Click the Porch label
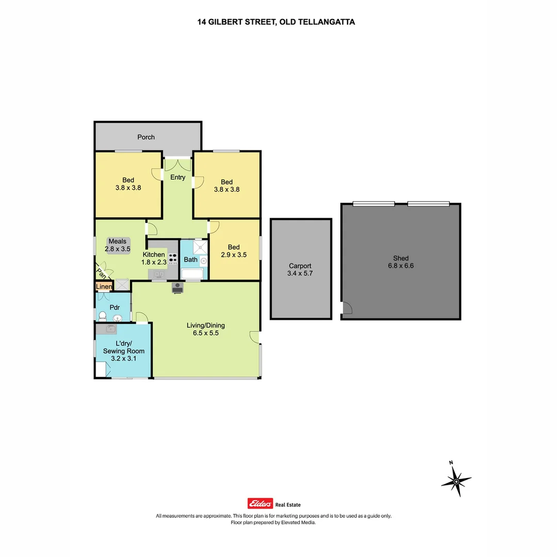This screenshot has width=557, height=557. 146,137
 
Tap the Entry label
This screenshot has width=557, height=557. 177,177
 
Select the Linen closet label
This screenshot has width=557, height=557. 104,286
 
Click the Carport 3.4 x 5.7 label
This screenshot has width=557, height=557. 300,270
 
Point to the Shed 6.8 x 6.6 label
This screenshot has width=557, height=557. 401,262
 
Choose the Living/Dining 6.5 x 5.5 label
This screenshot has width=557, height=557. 206,329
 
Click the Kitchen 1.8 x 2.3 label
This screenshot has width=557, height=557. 154,258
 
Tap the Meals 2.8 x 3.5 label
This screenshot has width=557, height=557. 117,245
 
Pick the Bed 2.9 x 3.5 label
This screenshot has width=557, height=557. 234,251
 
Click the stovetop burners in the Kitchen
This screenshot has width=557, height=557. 173,258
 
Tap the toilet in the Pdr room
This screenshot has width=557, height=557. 102,316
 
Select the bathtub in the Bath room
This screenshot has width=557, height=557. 192,274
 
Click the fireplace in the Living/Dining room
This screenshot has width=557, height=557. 177,288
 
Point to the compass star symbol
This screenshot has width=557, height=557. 456,481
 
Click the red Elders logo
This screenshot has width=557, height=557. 260,503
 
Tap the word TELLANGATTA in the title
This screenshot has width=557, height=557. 326,22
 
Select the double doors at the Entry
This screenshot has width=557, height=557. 177,165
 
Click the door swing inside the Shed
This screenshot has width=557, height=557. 347,307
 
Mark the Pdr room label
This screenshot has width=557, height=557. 114,307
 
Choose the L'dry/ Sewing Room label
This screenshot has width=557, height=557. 124,351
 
